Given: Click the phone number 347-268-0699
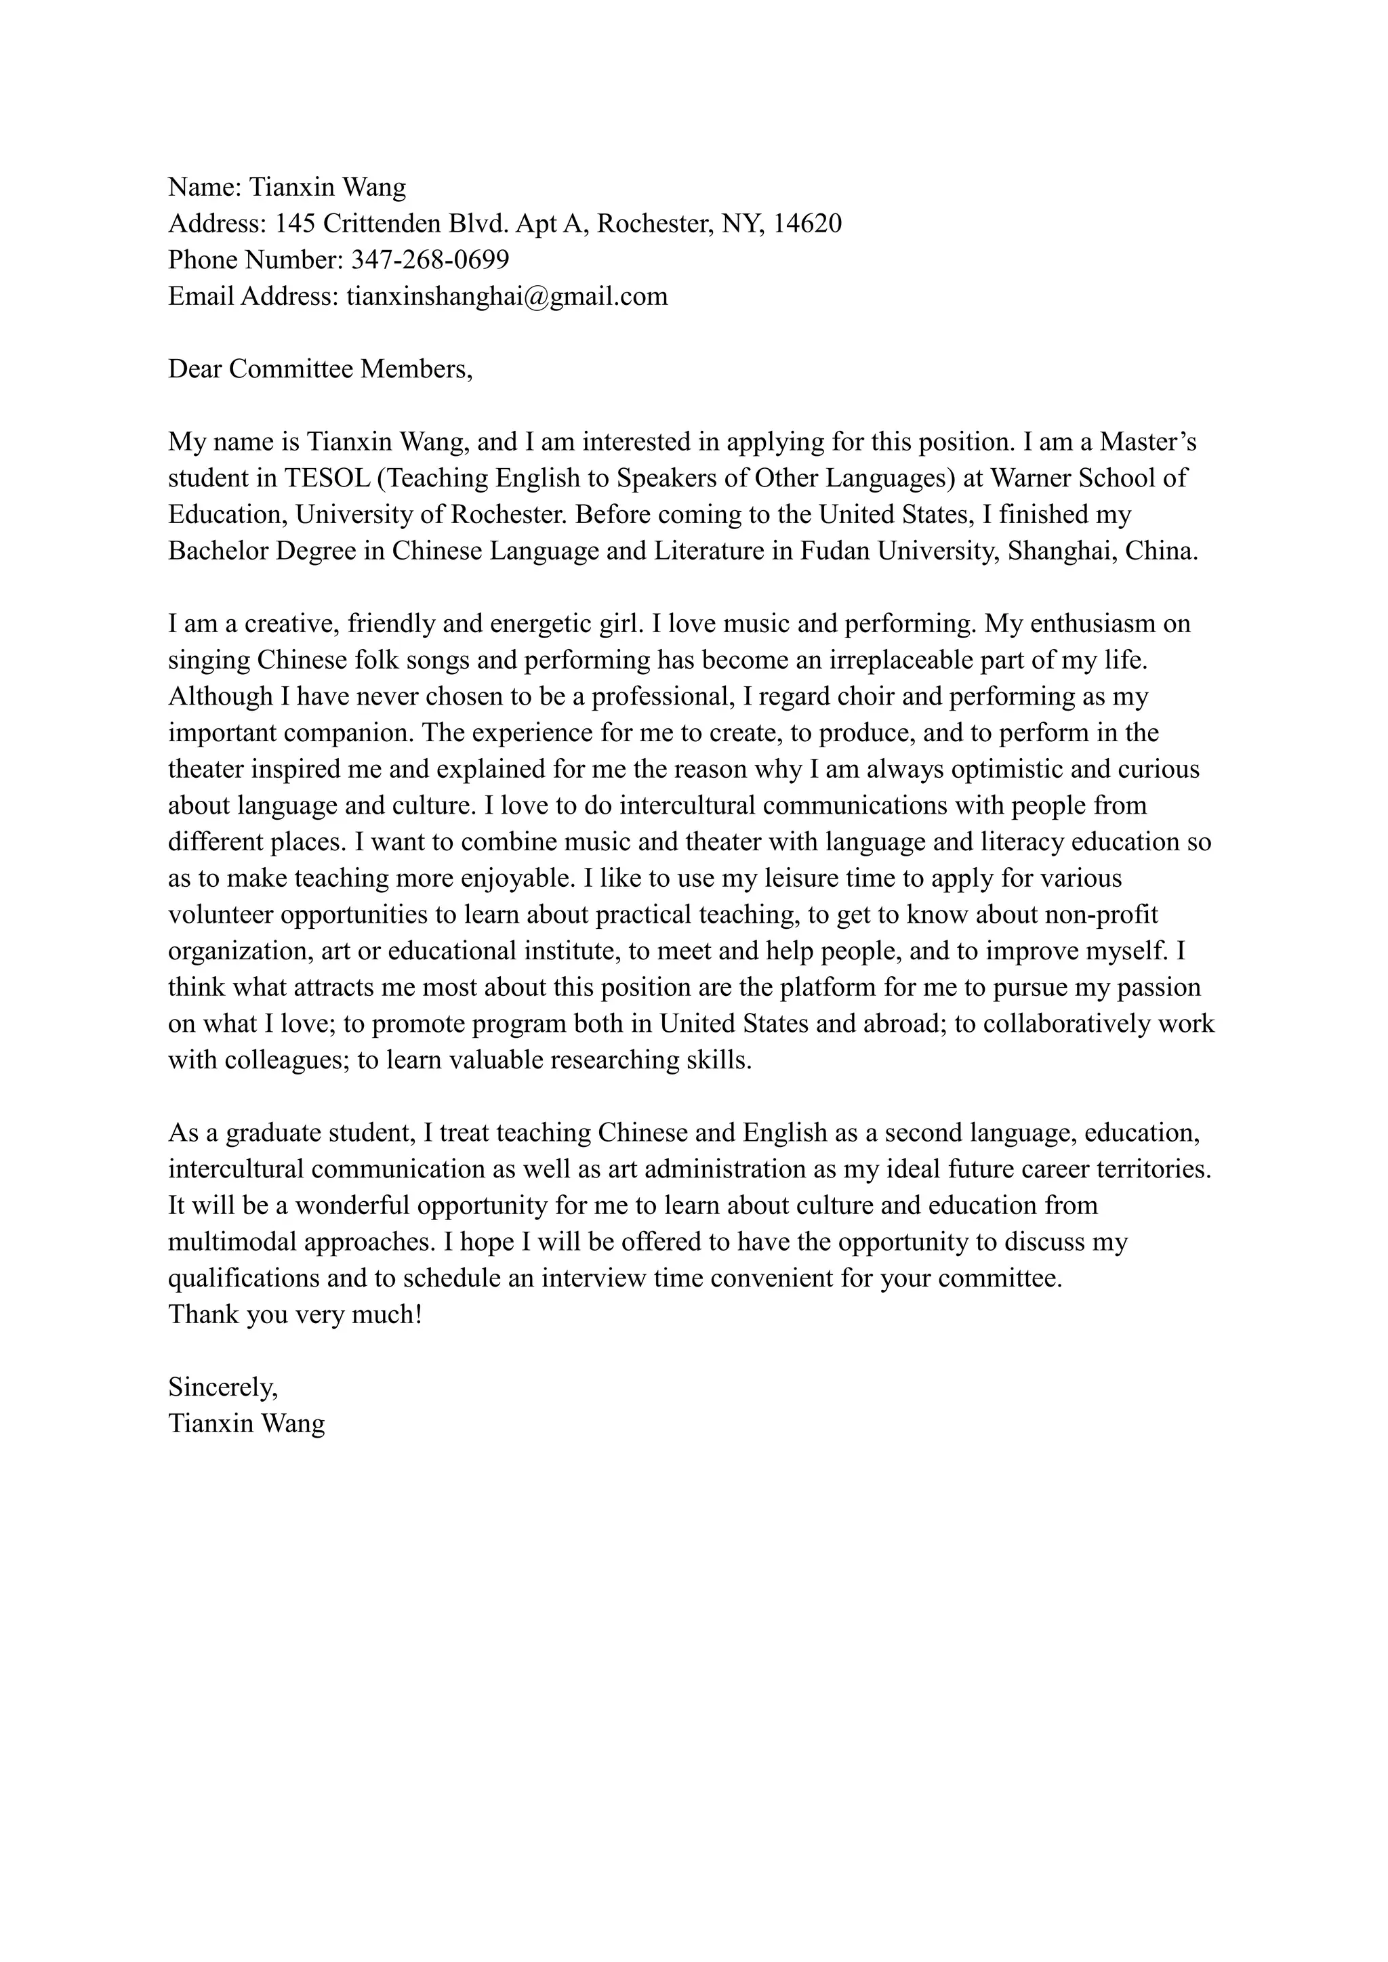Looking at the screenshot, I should pos(430,259).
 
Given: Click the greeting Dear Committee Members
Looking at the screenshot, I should pos(320,369).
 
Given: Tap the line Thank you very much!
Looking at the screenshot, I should pos(295,1314).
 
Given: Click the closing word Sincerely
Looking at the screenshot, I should pos(222,1387).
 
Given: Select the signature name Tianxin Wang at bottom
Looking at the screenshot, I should pos(246,1423).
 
